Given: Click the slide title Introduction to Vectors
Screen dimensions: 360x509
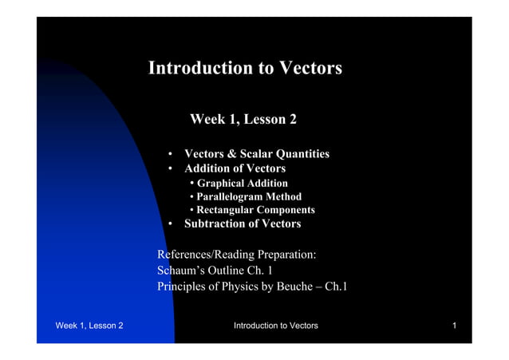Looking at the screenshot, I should point(245,69).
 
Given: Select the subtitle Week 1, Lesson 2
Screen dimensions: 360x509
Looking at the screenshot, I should point(243,120).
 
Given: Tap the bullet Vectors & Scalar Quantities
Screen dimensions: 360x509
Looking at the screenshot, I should point(256,154).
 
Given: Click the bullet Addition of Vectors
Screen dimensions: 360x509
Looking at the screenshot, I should point(235,169).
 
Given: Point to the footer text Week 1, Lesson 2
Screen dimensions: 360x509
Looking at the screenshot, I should point(89,326).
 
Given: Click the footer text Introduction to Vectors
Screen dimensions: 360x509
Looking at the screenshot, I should point(275,326).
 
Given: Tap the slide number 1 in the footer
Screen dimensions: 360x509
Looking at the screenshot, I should point(453,326).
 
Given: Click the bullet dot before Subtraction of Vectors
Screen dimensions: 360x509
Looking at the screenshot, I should point(171,224).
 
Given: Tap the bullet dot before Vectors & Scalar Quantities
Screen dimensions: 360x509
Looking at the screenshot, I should point(171,154).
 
